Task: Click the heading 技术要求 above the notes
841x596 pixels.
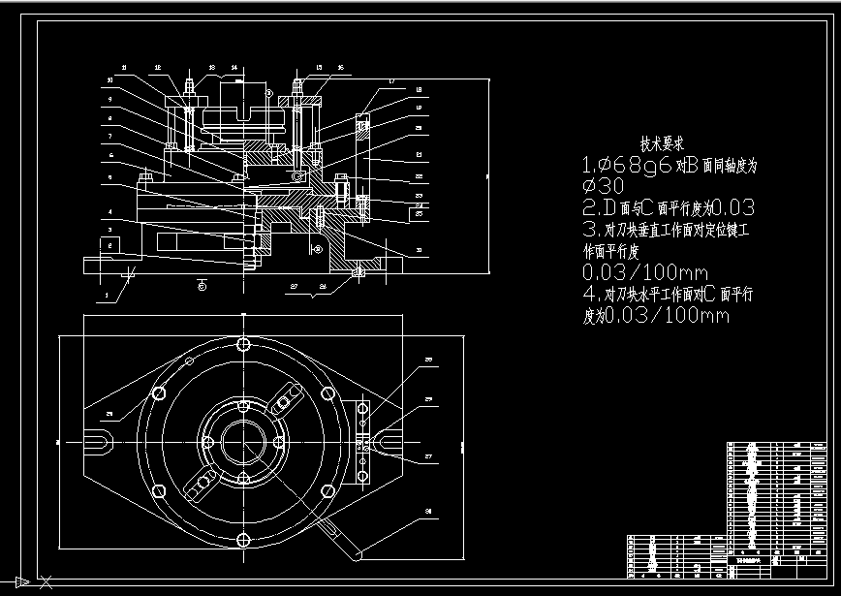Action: pyautogui.click(x=669, y=142)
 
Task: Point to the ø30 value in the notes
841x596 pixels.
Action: pyautogui.click(x=602, y=185)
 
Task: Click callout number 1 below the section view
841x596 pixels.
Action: pyautogui.click(x=107, y=291)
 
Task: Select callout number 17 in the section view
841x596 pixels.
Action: pyautogui.click(x=390, y=80)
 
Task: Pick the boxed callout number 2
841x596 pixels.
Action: pyautogui.click(x=110, y=247)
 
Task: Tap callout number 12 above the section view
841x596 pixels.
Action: pyautogui.click(x=156, y=68)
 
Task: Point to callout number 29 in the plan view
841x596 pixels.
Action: pyautogui.click(x=109, y=415)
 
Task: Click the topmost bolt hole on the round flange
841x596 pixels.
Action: pyautogui.click(x=242, y=344)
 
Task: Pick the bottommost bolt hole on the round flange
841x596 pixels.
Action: pyautogui.click(x=242, y=541)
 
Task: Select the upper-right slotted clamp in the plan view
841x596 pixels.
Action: pyautogui.click(x=288, y=397)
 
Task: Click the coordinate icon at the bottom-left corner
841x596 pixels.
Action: pyautogui.click(x=20, y=581)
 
